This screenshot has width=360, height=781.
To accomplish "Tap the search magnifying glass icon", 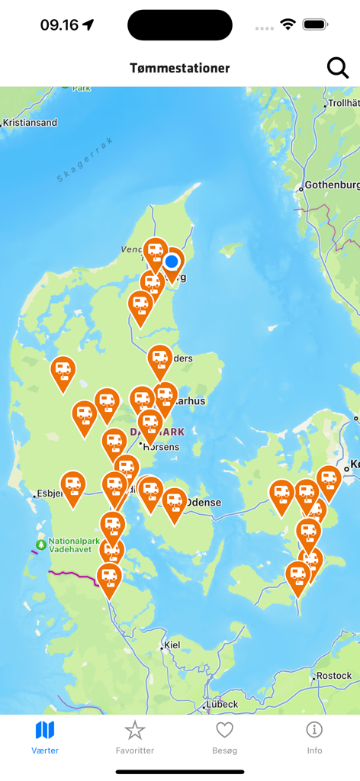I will (x=337, y=68).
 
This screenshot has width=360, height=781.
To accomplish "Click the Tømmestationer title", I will (x=180, y=68).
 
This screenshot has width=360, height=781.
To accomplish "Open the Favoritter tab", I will (x=135, y=737).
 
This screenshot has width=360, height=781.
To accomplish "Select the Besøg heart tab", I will (x=224, y=737).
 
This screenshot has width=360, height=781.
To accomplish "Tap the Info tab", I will (x=314, y=737).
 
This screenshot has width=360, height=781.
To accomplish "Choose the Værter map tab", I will (x=45, y=737).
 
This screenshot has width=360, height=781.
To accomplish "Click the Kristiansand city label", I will (x=30, y=123).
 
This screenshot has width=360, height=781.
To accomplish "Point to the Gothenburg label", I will (x=333, y=185).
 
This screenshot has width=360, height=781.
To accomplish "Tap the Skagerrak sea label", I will (x=85, y=159).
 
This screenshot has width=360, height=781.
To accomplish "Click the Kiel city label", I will (x=172, y=645).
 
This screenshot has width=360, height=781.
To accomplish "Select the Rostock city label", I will (x=334, y=676).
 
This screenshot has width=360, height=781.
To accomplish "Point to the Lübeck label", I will (x=222, y=704).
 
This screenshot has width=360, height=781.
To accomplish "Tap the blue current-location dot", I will (x=172, y=262).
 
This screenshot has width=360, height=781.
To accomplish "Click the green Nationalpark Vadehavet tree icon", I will (x=40, y=545).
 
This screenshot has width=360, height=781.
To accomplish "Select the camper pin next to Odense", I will (x=175, y=502).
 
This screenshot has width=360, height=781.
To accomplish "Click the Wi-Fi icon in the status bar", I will (x=288, y=24).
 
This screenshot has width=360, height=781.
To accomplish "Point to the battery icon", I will (x=316, y=24).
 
